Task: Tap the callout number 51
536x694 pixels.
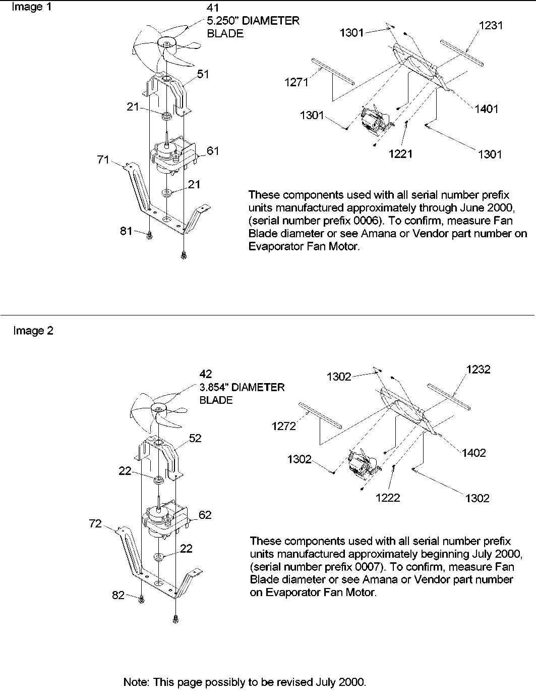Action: click(203, 74)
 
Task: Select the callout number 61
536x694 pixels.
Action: click(213, 150)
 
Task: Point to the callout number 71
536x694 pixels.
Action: click(103, 160)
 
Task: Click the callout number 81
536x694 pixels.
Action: click(126, 231)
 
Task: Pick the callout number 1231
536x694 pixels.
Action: click(491, 25)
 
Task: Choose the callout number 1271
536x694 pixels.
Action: click(296, 83)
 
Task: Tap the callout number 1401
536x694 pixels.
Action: click(486, 109)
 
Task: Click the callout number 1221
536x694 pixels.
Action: click(401, 153)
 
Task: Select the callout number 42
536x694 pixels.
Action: click(206, 374)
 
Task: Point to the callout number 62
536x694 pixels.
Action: click(205, 515)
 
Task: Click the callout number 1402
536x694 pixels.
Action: click(473, 452)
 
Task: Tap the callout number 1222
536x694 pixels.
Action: click(388, 498)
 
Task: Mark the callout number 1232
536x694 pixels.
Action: click(478, 369)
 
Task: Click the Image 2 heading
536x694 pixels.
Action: click(33, 331)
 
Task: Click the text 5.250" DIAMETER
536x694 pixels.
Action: click(254, 21)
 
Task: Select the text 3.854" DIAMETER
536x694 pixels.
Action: click(242, 387)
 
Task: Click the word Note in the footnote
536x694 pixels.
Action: click(135, 682)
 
